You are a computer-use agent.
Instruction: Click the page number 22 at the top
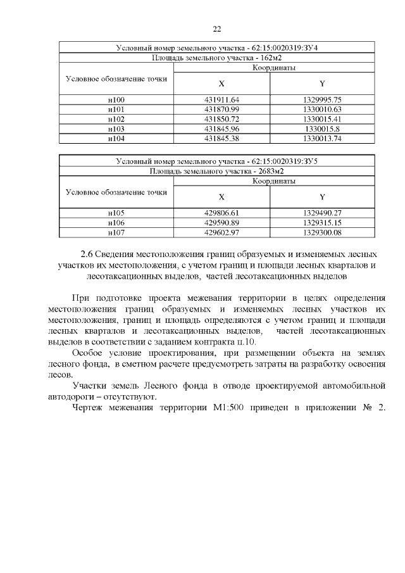point(216,29)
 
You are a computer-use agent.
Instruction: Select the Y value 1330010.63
point(321,110)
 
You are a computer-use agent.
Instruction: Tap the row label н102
point(116,119)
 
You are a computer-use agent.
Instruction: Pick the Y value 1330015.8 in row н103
point(321,129)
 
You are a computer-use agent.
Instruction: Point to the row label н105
point(116,213)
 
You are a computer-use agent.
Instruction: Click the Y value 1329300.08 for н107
point(321,232)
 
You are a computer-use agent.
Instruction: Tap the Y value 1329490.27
point(321,213)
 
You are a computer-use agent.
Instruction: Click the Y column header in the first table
point(321,84)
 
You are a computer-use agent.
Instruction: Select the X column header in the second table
point(221,196)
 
